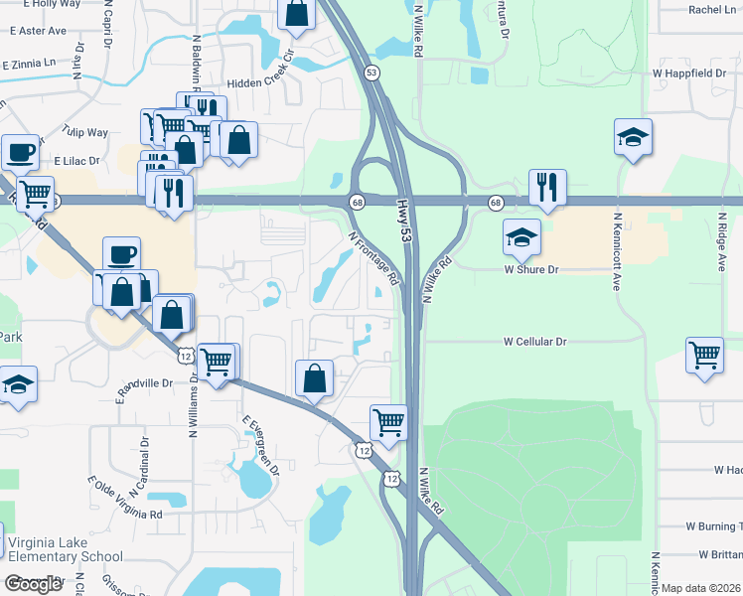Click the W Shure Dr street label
click(x=532, y=268)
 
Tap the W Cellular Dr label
click(x=534, y=341)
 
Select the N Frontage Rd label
click(x=373, y=259)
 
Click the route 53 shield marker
click(x=371, y=73)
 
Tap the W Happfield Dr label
click(x=689, y=74)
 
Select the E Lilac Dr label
click(x=77, y=159)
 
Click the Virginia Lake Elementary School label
click(x=65, y=549)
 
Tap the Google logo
click(x=33, y=584)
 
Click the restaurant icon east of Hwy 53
click(x=548, y=186)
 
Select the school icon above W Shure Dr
click(x=521, y=236)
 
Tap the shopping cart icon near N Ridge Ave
click(x=704, y=355)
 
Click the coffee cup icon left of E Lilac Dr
click(x=20, y=152)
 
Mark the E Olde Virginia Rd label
click(x=124, y=498)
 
